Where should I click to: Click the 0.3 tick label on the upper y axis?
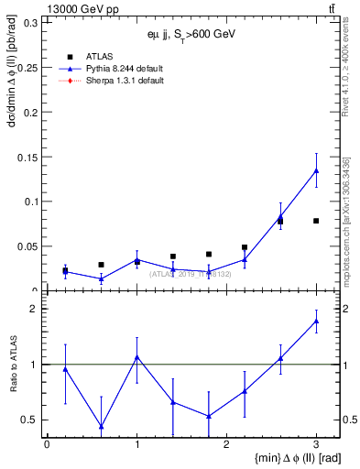(x=31, y=23)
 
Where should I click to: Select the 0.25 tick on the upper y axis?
(x=27, y=68)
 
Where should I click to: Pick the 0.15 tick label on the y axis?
(x=27, y=157)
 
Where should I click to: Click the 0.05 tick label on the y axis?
(x=27, y=246)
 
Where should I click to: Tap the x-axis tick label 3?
(x=316, y=444)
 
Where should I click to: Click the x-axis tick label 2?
(x=226, y=444)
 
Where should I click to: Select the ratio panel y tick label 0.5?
(x=31, y=420)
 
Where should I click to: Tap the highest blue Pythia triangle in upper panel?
(x=316, y=170)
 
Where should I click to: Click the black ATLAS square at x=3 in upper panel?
(x=316, y=221)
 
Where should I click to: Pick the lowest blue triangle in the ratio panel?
(x=101, y=426)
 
